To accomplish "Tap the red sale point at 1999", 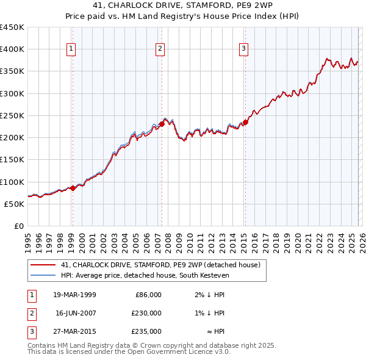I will (x=73, y=188).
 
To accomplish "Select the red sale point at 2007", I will (x=162, y=124).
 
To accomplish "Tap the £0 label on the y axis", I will (x=18, y=226).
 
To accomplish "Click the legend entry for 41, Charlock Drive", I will (x=160, y=265).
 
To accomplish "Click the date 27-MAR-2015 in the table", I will (x=74, y=331).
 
